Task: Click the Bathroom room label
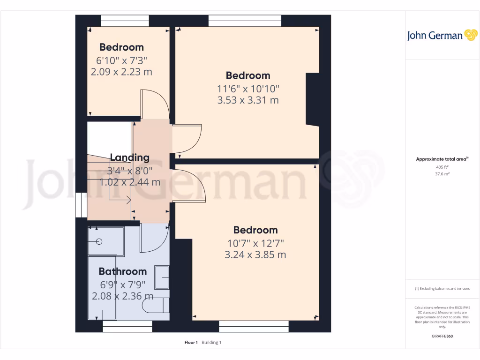tap(122, 271)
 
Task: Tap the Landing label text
tap(129, 157)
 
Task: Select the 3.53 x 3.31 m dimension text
tap(248, 100)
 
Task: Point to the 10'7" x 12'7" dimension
tap(255, 243)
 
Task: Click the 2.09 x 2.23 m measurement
tap(121, 72)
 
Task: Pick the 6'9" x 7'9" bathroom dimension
tap(122, 285)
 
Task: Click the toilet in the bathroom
tap(155, 305)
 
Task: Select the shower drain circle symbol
tap(99, 242)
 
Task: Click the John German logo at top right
tap(442, 36)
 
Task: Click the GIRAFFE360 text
tap(442, 336)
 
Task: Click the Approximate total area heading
tap(442, 159)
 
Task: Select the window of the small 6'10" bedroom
tap(125, 21)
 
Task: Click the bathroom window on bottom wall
tap(127, 327)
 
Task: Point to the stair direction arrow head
tap(129, 201)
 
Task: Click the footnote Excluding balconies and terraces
tap(442, 289)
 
